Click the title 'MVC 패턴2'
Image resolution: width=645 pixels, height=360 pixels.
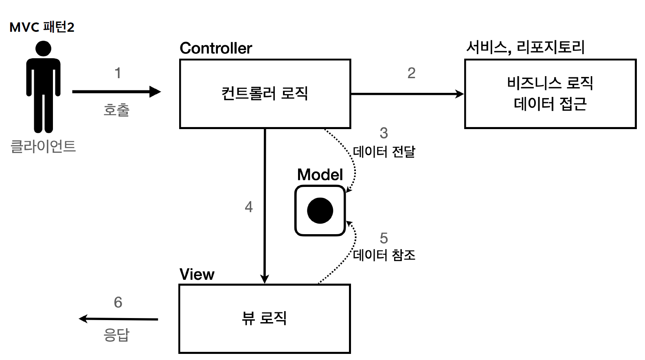click(x=42, y=27)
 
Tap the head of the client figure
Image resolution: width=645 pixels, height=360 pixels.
click(x=43, y=48)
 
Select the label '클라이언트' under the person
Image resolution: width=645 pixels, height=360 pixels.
click(x=43, y=146)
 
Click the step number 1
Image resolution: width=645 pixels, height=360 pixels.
click(x=118, y=73)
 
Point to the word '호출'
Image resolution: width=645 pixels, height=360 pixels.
click(x=116, y=110)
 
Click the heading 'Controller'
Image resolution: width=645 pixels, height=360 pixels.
click(x=216, y=48)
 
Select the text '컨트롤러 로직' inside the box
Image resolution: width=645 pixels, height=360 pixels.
click(x=265, y=93)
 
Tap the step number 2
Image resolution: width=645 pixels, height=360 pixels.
click(x=411, y=73)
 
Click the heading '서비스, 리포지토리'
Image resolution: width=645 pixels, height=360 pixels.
click(x=525, y=47)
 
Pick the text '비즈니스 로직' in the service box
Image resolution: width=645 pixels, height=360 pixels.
click(x=550, y=83)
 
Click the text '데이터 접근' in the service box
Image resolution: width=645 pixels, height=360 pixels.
click(x=550, y=104)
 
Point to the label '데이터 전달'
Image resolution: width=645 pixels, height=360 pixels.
click(x=384, y=151)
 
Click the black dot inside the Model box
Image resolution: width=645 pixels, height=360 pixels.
click(x=320, y=211)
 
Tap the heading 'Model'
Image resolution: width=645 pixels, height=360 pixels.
click(x=320, y=175)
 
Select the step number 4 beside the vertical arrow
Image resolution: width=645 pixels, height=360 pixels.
click(x=249, y=207)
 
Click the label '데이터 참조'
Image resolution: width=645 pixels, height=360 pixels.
click(x=384, y=255)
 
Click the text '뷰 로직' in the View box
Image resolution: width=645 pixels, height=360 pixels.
click(x=265, y=318)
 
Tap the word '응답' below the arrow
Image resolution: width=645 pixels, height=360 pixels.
click(x=116, y=335)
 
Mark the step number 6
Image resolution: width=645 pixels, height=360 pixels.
click(x=118, y=302)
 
